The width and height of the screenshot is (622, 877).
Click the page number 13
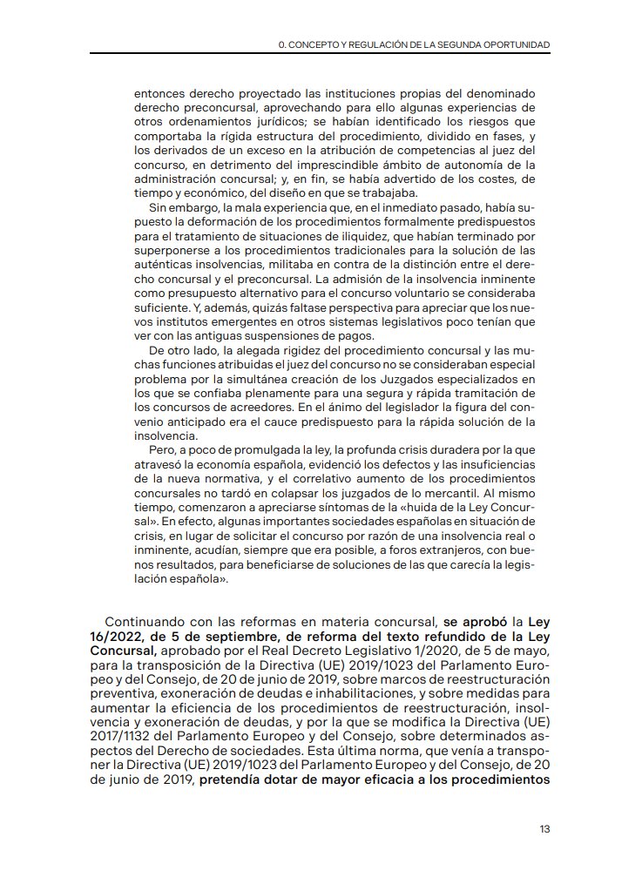point(544,829)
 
